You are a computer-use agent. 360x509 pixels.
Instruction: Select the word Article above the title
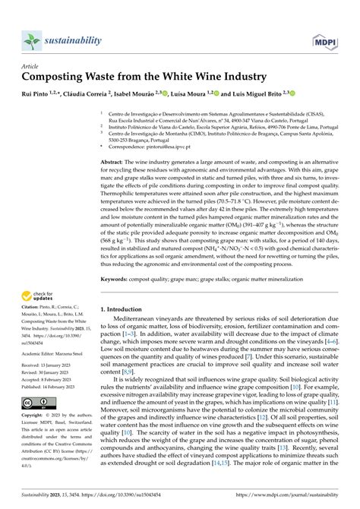(x=32, y=67)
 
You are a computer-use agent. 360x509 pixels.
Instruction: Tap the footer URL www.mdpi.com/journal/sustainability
(x=288, y=494)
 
